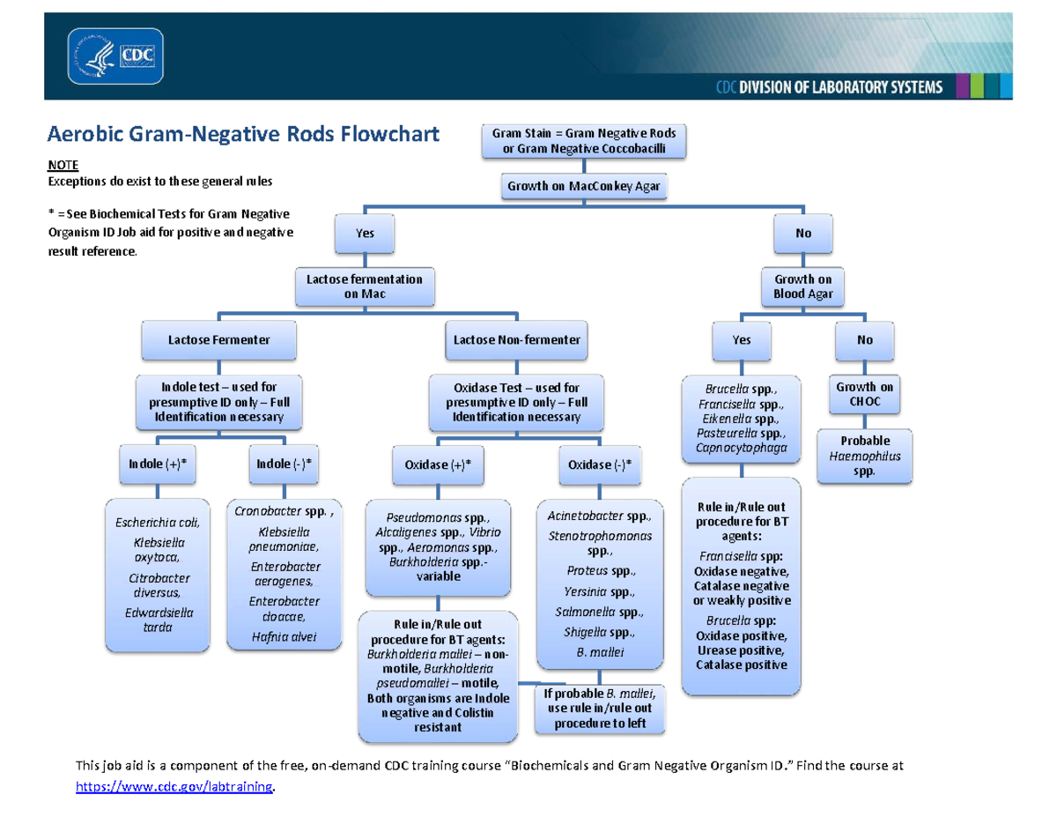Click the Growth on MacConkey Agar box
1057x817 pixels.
[x=584, y=186]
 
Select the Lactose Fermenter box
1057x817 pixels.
[x=218, y=338]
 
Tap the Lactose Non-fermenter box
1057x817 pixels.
[x=517, y=338]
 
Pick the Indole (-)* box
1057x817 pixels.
[x=284, y=464]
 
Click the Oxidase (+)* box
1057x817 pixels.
[x=432, y=464]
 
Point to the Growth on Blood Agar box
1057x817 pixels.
[x=802, y=286]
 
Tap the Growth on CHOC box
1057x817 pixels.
[x=864, y=394]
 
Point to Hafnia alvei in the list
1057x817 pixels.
[x=284, y=636]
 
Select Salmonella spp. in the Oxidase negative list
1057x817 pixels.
[x=599, y=612]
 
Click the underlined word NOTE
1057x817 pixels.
[x=62, y=165]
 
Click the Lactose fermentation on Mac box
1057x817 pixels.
[x=364, y=286]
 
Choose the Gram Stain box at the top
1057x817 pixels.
[x=584, y=141]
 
